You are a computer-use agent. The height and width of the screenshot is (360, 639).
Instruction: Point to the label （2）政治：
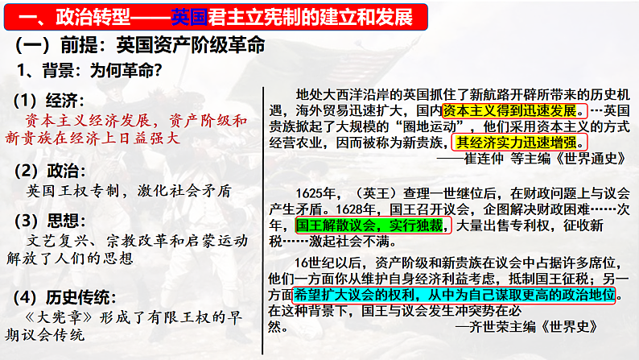[49, 170]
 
